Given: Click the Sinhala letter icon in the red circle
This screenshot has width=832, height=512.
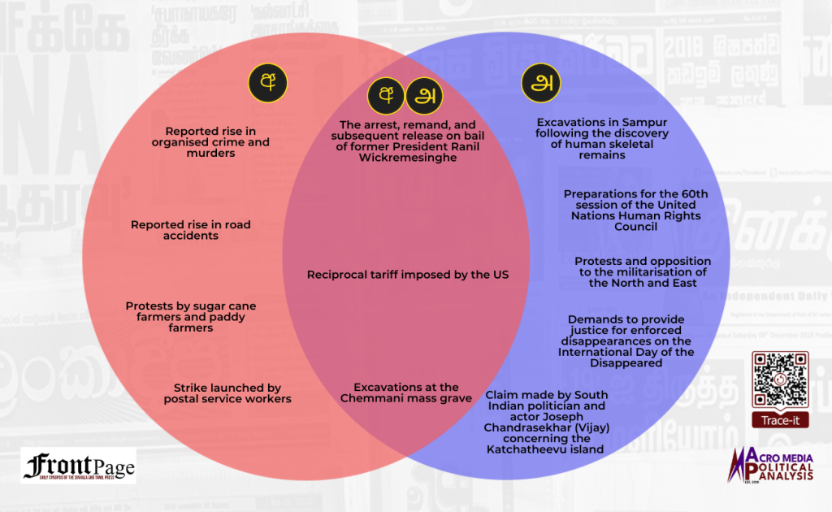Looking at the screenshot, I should tap(267, 84).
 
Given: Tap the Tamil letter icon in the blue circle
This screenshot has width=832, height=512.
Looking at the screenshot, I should tap(540, 84).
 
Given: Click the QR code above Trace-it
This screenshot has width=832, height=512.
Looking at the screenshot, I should tap(779, 380).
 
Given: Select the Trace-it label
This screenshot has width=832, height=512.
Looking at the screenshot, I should tap(779, 421).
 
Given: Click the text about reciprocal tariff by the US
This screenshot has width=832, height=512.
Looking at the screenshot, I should tap(407, 275).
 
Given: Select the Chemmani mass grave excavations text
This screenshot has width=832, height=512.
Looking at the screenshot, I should tap(405, 393).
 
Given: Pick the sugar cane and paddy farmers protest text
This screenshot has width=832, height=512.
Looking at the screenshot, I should tap(190, 317).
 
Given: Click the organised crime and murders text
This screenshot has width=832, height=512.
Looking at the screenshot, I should tap(210, 142).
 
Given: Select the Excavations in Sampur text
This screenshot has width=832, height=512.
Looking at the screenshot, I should tap(602, 138).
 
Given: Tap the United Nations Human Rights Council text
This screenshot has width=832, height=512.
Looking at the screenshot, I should tap(635, 210).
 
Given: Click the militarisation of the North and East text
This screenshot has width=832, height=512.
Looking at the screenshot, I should tap(643, 272).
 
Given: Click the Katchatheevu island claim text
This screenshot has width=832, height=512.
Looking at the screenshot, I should tap(545, 422).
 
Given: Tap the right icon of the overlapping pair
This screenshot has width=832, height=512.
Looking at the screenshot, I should tap(423, 96).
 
